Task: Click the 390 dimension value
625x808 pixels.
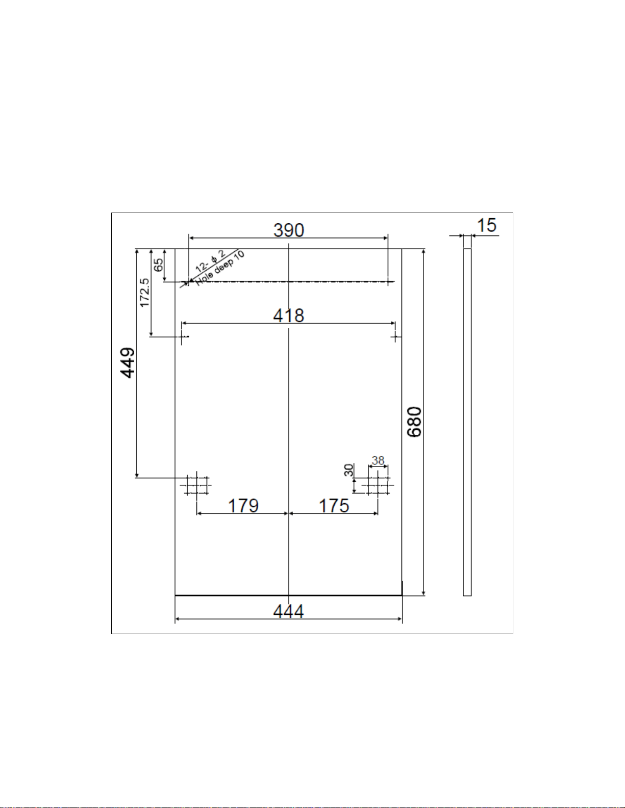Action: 289,230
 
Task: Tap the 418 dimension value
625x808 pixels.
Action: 289,316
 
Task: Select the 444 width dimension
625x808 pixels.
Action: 288,611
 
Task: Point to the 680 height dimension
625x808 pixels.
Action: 414,422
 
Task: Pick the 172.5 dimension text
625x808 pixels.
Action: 145,293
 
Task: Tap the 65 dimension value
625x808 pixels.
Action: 159,265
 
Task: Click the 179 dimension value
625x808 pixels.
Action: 243,506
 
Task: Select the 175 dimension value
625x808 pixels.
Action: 334,506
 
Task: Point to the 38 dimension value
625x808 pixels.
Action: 378,460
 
